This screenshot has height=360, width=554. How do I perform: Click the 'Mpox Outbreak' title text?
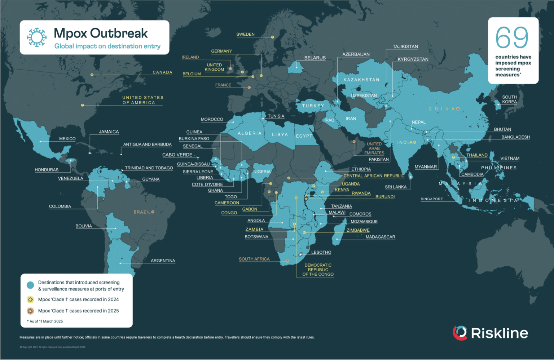click(x=101, y=33)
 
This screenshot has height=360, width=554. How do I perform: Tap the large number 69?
click(x=512, y=37)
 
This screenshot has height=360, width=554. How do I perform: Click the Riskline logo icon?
click(x=460, y=333)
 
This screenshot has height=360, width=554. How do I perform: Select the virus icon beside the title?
click(x=37, y=37)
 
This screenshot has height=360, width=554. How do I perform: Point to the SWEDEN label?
click(x=245, y=35)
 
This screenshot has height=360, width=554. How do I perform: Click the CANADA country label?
click(x=162, y=72)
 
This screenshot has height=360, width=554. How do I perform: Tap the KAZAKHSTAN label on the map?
click(x=361, y=80)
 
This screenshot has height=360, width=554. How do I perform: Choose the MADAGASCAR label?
click(x=380, y=237)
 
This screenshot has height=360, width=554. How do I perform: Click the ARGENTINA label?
click(x=163, y=261)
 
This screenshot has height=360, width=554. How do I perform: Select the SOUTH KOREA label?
click(x=509, y=99)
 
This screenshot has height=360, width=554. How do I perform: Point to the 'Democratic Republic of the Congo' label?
click(x=318, y=270)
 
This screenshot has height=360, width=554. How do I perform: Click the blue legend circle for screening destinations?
click(x=31, y=285)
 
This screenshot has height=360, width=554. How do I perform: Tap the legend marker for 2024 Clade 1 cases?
click(x=31, y=299)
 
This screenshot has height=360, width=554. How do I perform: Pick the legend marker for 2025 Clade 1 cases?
click(x=31, y=311)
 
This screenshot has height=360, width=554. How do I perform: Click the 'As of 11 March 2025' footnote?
click(x=46, y=321)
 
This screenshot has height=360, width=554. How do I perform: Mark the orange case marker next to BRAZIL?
click(x=153, y=212)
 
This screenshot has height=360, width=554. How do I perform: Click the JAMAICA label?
click(x=109, y=132)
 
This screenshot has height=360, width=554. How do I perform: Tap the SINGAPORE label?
click(x=432, y=199)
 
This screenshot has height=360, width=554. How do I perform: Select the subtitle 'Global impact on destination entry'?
click(x=107, y=46)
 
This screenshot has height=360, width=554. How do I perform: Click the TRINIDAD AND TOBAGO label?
click(x=149, y=168)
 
